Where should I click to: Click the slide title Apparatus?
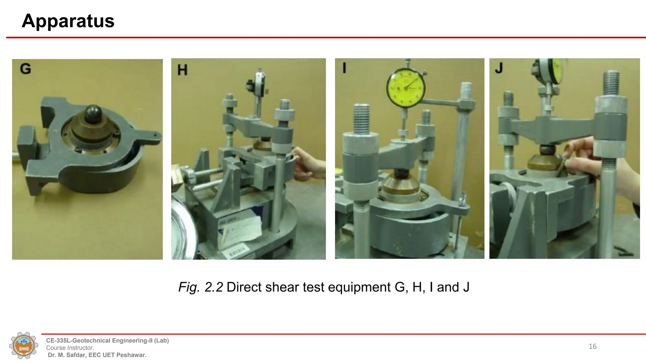[x=68, y=21]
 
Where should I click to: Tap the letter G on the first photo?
[x=26, y=69]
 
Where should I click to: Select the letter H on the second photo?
[x=182, y=70]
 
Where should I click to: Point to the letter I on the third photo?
[x=344, y=68]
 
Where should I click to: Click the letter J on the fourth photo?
[x=499, y=68]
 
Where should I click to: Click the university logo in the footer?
[x=24, y=346]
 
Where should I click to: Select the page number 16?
[x=592, y=347]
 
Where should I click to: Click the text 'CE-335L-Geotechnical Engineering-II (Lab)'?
[x=108, y=341]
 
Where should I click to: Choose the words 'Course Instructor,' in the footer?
[x=70, y=348]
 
